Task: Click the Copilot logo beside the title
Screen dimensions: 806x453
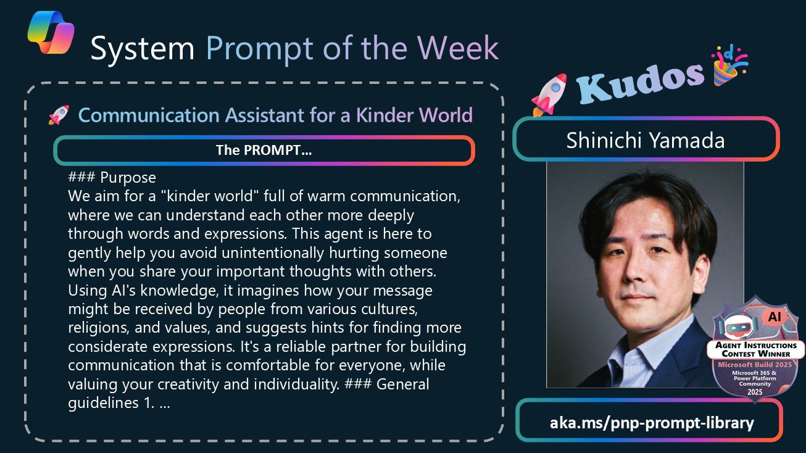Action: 51,32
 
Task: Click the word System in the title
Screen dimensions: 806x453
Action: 143,49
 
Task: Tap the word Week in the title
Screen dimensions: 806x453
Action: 458,48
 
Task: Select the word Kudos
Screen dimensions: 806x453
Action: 640,82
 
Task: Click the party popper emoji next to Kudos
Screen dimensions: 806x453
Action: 729,65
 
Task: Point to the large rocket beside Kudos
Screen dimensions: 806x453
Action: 549,95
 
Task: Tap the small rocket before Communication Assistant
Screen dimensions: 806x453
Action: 59,115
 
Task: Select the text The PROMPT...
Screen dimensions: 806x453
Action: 264,151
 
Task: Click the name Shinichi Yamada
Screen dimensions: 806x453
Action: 646,140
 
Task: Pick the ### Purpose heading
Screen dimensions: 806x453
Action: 112,177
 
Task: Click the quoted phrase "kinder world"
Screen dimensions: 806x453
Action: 210,196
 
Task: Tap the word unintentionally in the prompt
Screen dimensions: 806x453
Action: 273,252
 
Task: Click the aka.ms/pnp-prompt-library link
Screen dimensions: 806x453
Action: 652,423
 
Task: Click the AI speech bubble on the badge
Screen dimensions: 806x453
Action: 774,317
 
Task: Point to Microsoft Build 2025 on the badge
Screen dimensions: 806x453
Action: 755,365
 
